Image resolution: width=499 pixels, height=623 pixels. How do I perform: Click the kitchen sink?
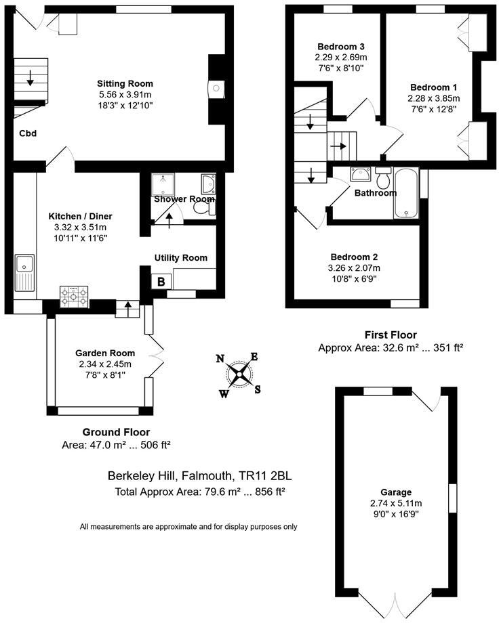(25, 271)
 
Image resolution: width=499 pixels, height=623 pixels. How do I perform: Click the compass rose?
(239, 374)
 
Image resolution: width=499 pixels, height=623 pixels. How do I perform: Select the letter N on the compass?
(220, 360)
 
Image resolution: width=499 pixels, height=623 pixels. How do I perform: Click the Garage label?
(395, 492)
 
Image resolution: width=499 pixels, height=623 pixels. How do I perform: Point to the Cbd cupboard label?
(27, 133)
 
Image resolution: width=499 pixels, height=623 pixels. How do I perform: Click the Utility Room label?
(180, 258)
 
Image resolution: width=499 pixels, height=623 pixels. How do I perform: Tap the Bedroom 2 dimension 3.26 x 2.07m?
(354, 267)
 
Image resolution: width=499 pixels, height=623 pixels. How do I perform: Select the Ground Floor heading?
(116, 432)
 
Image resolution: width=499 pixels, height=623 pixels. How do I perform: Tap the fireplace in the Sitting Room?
(216, 89)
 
